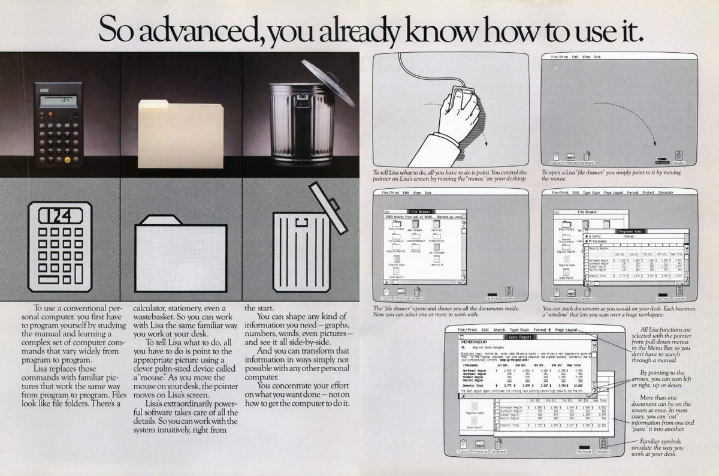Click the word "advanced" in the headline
click(x=187, y=29)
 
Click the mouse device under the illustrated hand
click(x=464, y=97)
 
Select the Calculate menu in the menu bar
click(x=666, y=192)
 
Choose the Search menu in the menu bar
click(x=499, y=330)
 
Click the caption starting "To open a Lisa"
click(x=611, y=175)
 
